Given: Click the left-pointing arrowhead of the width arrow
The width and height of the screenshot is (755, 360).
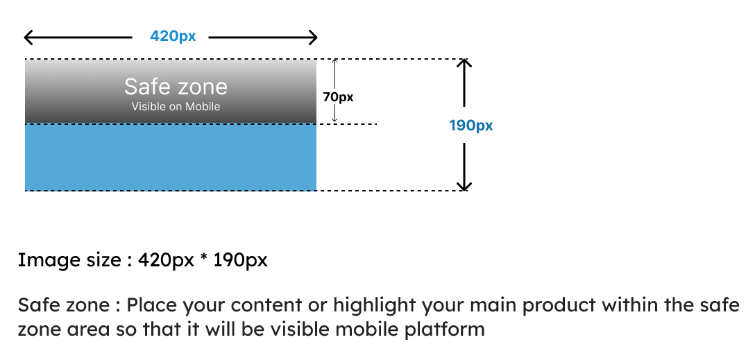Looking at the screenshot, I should tap(29, 37).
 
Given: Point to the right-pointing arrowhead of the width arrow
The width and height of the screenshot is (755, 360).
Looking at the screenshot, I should tap(313, 37).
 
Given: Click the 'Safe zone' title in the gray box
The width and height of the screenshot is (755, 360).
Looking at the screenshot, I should tap(176, 87).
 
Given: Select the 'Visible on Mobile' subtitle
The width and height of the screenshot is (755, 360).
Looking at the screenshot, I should tap(176, 106).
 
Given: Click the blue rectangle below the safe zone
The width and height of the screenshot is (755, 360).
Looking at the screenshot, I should tap(171, 157).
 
